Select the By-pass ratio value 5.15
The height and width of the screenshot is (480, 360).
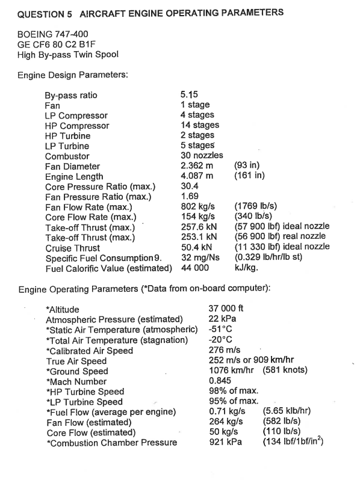tap(190, 95)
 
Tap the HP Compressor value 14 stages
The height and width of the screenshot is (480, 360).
tap(199, 125)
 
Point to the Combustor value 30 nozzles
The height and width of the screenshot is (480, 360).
tap(202, 156)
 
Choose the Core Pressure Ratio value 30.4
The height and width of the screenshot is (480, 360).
tap(190, 186)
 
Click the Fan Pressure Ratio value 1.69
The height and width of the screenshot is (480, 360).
tap(190, 197)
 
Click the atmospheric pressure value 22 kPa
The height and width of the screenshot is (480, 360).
tap(222, 319)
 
